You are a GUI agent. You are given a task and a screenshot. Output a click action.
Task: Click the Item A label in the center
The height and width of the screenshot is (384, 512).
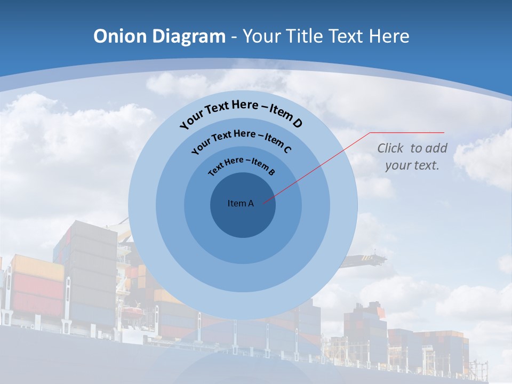241,203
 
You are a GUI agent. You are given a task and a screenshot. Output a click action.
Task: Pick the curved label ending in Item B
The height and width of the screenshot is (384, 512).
241,165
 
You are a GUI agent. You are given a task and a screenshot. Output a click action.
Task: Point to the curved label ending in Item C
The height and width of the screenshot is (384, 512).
241,141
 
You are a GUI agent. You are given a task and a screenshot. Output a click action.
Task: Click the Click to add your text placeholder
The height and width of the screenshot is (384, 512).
412,156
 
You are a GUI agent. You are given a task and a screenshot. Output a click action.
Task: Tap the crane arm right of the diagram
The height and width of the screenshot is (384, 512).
368,259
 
